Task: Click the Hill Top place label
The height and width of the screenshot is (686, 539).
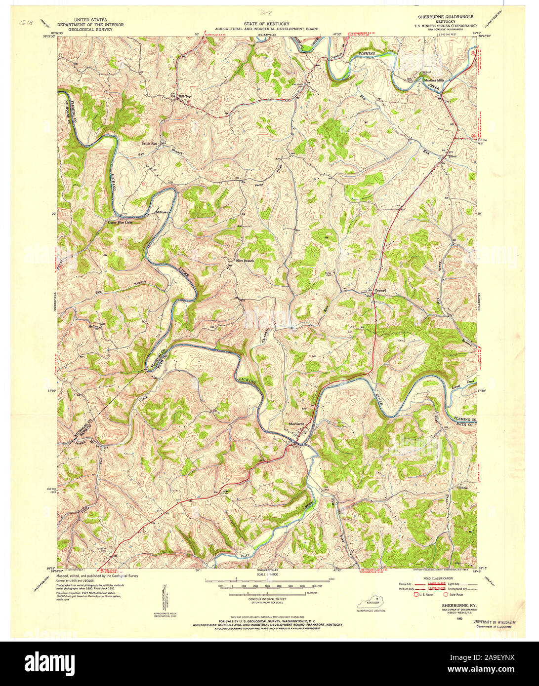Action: [184, 96]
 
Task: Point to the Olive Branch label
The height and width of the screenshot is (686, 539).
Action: [244, 261]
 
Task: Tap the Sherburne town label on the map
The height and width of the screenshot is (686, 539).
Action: [296, 423]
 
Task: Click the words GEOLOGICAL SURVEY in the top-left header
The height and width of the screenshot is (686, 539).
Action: [90, 29]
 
